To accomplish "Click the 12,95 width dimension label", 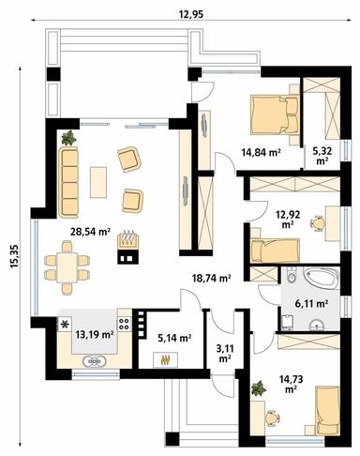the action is tap(190, 14).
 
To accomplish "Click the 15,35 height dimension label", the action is tap(15, 256).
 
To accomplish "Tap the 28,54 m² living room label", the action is tap(90, 232).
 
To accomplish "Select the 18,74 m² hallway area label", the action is tap(211, 278).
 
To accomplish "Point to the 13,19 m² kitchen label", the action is tap(95, 335).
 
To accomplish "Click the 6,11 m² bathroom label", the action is tap(311, 303).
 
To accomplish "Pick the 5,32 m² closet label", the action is tap(322, 156).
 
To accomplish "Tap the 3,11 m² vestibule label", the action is tap(225, 354).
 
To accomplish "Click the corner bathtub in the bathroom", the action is tap(323, 279).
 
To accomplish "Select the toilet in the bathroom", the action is tap(291, 276).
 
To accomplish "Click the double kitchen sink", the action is tap(95, 361).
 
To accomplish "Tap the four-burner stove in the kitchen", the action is tap(125, 324).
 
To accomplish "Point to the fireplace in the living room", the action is tap(127, 248).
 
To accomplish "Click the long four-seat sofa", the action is tap(68, 182).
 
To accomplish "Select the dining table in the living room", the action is tap(67, 267).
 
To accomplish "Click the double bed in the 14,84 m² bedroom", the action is tap(274, 114).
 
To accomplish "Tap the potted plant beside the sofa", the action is tap(69, 138).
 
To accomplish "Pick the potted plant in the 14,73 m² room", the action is tap(259, 388).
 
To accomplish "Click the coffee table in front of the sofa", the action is tap(98, 182).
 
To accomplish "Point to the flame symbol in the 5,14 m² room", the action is tap(165, 360).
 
